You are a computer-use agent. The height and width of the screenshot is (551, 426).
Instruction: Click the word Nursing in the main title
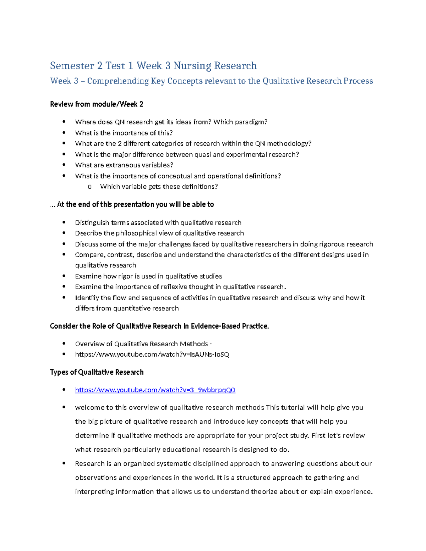tap(192, 66)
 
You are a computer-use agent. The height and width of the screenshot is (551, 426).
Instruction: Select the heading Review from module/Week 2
tap(97, 104)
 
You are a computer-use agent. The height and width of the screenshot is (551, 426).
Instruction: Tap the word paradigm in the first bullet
tap(252, 122)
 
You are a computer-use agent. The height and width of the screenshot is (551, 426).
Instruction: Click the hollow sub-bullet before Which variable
tap(89, 187)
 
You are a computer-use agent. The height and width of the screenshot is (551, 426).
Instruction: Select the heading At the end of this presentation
tap(132, 205)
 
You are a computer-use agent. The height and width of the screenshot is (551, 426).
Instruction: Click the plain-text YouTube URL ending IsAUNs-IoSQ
tap(152, 354)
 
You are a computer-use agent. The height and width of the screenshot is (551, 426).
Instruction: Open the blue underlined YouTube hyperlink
tap(155, 390)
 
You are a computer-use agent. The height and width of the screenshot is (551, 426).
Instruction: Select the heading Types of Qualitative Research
tap(97, 372)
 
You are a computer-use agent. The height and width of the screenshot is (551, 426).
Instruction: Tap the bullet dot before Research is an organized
tap(64, 463)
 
